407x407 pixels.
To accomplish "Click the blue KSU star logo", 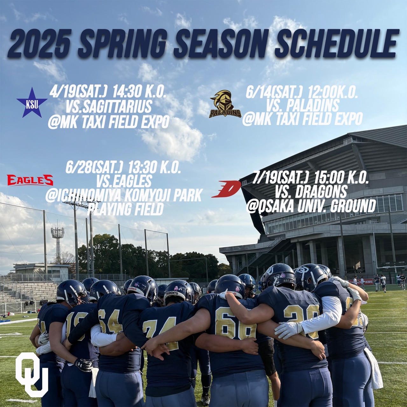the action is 32,102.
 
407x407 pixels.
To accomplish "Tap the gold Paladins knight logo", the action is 225,104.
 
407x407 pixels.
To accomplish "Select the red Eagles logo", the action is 30,180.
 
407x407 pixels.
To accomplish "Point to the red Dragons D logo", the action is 226,189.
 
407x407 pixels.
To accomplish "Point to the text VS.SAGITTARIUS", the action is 109,107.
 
